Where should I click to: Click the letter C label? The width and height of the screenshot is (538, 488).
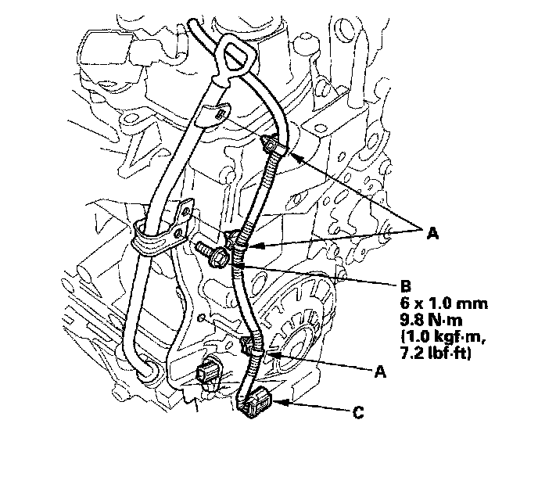(x=358, y=412)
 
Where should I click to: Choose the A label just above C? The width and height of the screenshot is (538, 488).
(x=381, y=372)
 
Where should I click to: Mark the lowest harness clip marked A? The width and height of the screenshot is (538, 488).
(x=255, y=347)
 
